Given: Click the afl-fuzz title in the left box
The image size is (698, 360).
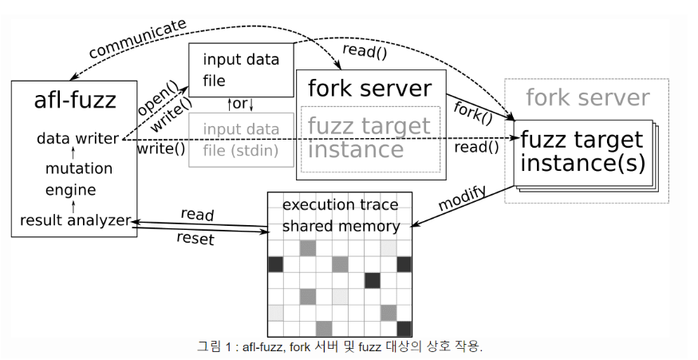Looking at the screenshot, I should coord(75,101).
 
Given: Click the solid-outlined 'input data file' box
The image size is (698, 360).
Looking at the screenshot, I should coord(240,69).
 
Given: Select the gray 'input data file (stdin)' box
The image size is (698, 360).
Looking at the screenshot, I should coord(240,139).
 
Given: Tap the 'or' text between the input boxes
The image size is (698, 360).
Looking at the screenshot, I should coord(240,104).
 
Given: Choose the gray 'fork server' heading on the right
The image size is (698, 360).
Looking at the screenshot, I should coord(588,98).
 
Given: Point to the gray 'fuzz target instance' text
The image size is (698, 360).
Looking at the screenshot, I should coord(369,137).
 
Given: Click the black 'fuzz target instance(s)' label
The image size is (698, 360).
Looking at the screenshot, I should coord(582,152).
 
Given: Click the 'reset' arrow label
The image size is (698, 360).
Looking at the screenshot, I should coord(196,239).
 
